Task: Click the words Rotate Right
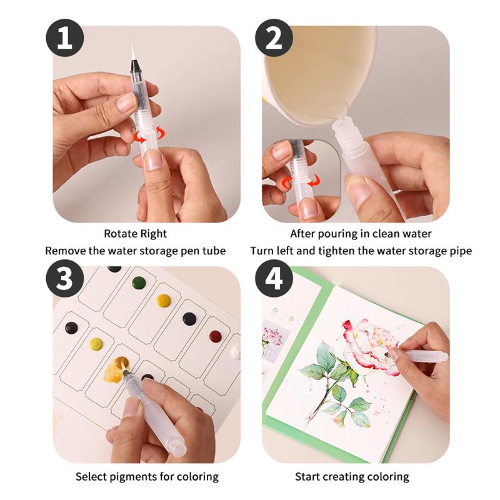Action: (136, 234)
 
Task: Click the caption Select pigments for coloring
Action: (147, 476)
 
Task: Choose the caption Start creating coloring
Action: (352, 476)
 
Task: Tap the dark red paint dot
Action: (215, 336)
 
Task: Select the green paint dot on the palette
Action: (139, 282)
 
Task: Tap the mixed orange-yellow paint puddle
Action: (117, 369)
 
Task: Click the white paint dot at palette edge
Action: (236, 352)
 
